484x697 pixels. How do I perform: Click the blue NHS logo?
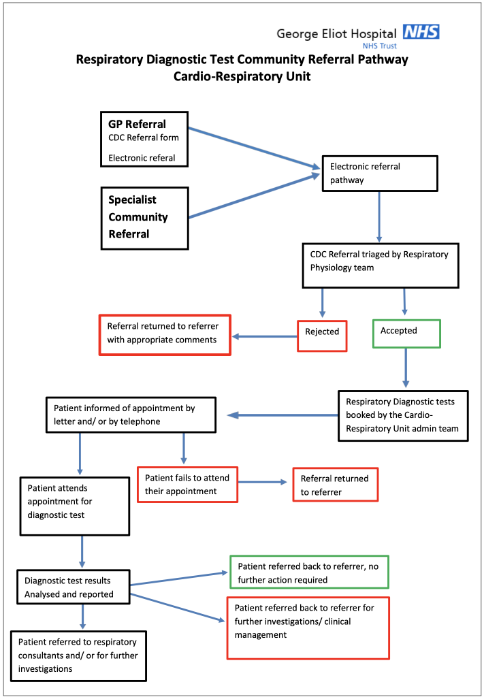[x=421, y=32]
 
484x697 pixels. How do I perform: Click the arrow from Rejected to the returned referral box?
[x=264, y=336]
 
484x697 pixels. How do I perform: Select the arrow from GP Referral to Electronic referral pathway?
[x=254, y=148]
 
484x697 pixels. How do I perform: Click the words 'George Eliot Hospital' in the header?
[x=336, y=33]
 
